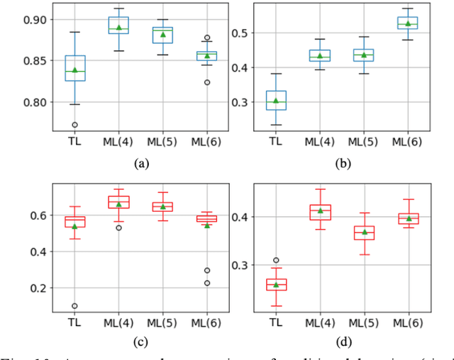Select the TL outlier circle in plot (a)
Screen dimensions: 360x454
74,125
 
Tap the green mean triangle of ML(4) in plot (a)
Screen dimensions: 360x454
119,28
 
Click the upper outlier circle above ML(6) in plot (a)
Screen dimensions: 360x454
207,38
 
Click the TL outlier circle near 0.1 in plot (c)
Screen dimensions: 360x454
74,306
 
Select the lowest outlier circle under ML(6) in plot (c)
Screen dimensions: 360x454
207,283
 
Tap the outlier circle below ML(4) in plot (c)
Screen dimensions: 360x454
119,227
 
